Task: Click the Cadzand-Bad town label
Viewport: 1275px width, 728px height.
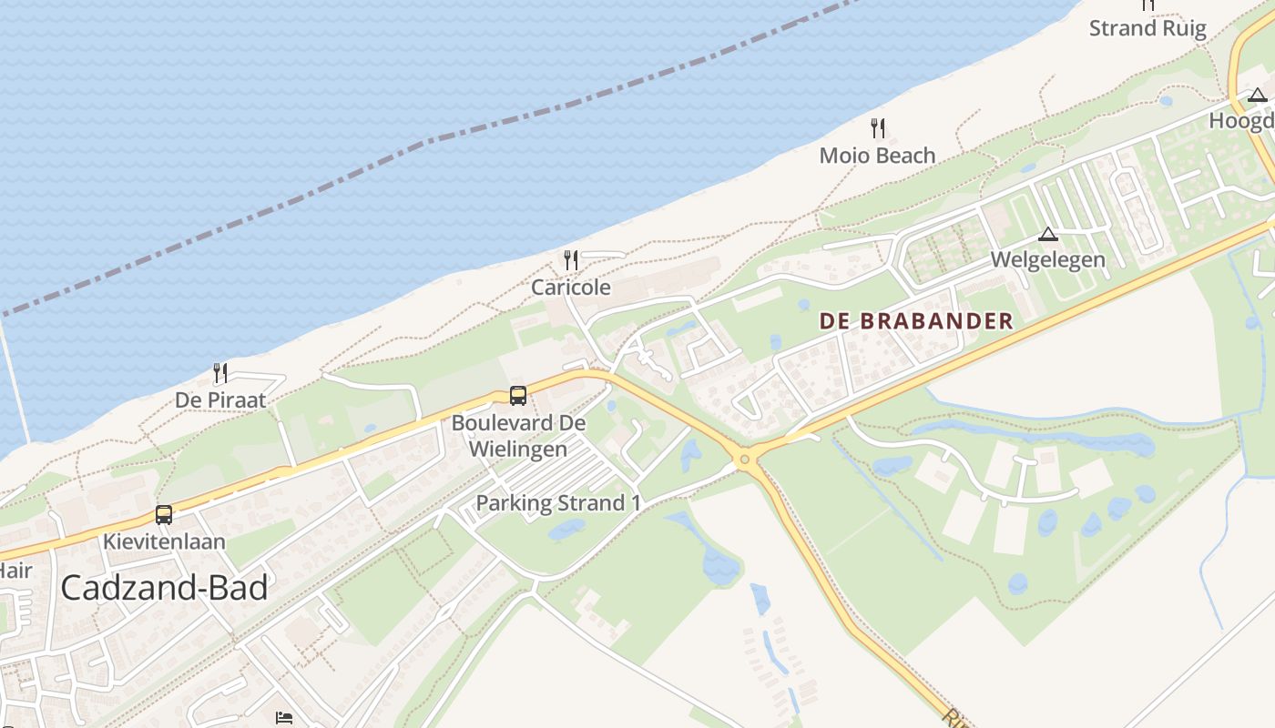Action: click(x=164, y=588)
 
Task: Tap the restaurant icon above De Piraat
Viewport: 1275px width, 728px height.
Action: click(x=219, y=372)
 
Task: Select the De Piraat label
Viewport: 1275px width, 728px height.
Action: click(x=220, y=400)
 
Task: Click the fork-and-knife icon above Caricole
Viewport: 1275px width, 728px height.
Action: click(x=571, y=260)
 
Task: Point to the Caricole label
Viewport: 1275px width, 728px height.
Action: click(x=571, y=288)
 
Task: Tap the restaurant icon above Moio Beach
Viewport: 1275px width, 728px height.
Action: click(x=878, y=128)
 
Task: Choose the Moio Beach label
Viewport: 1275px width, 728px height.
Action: click(x=877, y=156)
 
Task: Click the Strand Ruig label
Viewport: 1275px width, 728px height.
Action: click(x=1147, y=28)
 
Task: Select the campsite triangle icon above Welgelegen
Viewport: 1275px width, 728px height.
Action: click(x=1048, y=234)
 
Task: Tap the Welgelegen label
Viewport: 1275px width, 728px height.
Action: click(x=1047, y=259)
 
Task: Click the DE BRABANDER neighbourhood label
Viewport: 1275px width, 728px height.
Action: click(x=916, y=321)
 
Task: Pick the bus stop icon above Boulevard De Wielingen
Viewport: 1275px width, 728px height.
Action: click(x=517, y=396)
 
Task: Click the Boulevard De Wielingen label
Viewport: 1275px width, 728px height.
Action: click(x=518, y=436)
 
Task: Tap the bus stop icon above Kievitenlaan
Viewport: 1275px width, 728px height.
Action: click(x=164, y=515)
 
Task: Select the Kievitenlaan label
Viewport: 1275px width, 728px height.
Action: click(x=164, y=542)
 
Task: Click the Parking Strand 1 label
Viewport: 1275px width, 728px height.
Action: click(x=558, y=503)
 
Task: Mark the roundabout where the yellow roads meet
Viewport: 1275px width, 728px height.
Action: click(x=745, y=460)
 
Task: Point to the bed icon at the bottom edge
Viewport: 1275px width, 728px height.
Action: click(x=284, y=718)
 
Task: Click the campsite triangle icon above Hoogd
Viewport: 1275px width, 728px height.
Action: click(x=1258, y=95)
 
